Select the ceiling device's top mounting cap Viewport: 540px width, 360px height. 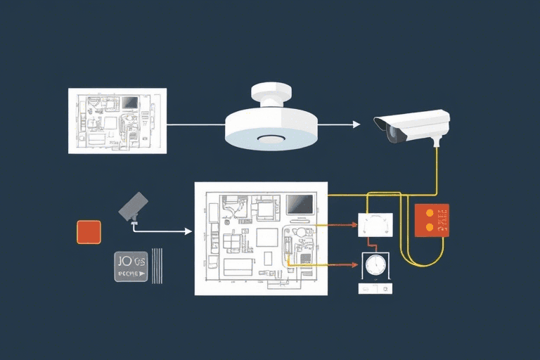pyautogui.click(x=271, y=92)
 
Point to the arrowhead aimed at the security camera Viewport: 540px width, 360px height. pyautogui.click(x=356, y=124)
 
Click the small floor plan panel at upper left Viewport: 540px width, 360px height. pyautogui.click(x=117, y=120)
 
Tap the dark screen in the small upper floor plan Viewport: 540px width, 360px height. pyautogui.click(x=129, y=103)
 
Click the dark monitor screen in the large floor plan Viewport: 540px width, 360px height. pyautogui.click(x=300, y=205)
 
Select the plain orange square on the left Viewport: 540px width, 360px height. pyautogui.click(x=89, y=232)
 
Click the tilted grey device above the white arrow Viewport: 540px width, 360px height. pyautogui.click(x=134, y=205)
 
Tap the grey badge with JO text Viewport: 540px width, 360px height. pyautogui.click(x=131, y=266)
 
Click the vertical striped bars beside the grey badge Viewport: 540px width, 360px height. pyautogui.click(x=157, y=266)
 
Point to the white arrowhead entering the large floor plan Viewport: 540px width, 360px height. pyautogui.click(x=188, y=231)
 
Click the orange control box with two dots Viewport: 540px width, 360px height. pyautogui.click(x=432, y=220)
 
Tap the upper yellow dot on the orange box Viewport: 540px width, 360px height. pyautogui.click(x=430, y=212)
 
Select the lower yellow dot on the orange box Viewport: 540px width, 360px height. pyautogui.click(x=430, y=226)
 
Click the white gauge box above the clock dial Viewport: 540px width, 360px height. pyautogui.click(x=375, y=225)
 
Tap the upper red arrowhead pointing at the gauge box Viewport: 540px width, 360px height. pyautogui.click(x=353, y=226)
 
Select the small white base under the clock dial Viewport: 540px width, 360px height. pyautogui.click(x=375, y=288)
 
